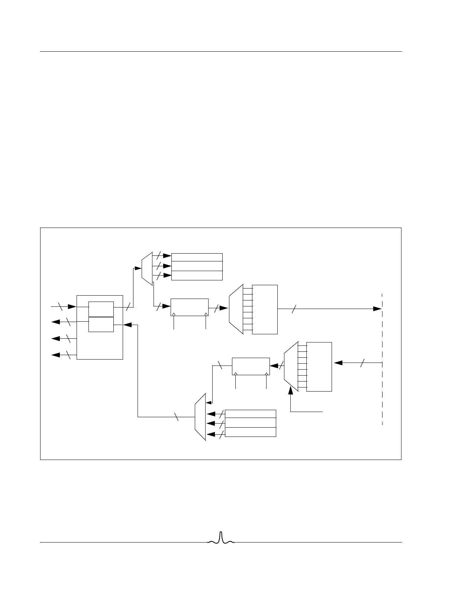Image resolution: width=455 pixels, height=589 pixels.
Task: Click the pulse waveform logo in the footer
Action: click(221, 538)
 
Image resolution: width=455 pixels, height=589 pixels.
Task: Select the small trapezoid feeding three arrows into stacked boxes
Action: click(147, 268)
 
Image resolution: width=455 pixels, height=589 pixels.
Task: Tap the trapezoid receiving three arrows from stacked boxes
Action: click(200, 417)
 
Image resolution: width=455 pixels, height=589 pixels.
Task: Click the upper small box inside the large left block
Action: click(101, 309)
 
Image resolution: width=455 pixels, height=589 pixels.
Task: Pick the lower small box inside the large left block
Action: click(101, 324)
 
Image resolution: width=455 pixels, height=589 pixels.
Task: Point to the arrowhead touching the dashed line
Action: click(377, 309)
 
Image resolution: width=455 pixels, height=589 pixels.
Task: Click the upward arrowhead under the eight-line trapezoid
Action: click(291, 389)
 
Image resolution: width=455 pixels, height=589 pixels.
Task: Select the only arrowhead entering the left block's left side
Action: click(72, 307)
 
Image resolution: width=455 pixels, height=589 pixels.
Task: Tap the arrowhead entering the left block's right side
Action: click(127, 325)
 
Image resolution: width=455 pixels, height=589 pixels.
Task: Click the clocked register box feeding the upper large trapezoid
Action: click(189, 307)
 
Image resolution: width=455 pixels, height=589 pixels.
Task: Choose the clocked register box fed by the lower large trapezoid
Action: click(251, 366)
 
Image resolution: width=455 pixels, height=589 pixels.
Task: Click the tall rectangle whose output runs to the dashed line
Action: click(265, 309)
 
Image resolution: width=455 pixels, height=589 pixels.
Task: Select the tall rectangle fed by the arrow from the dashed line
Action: click(319, 367)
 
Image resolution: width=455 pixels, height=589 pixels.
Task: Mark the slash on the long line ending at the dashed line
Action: click(293, 309)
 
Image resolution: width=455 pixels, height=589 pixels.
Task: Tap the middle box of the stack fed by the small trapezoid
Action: click(197, 266)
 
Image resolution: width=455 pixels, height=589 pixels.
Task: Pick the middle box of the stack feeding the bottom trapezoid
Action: click(251, 423)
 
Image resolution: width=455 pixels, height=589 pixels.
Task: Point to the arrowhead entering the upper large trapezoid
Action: click(224, 308)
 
